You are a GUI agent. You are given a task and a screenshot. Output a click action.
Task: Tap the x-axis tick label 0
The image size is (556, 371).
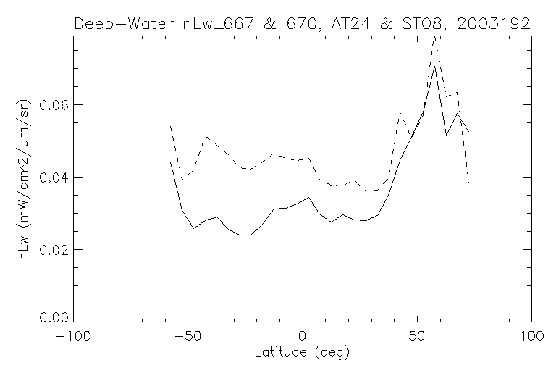coord(303,337)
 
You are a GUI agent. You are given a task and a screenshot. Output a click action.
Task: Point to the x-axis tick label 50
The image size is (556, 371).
coord(417,337)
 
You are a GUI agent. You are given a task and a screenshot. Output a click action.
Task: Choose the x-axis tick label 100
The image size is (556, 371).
coord(531,337)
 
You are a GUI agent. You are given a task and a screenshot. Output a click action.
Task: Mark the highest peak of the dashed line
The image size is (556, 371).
coord(434,36)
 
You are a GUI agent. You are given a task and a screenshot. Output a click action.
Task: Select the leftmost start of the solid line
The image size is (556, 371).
coord(171,162)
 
